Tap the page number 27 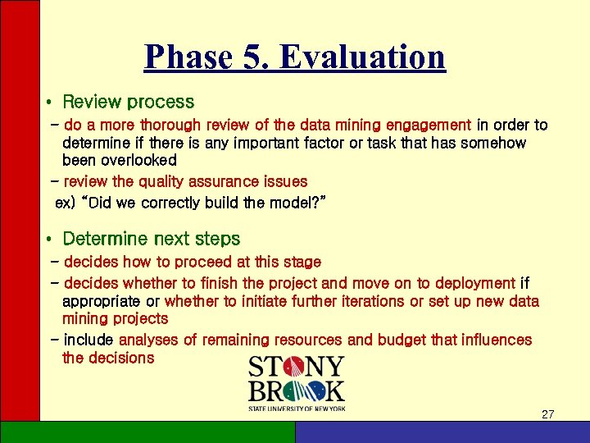pyautogui.click(x=547, y=414)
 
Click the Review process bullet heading pyautogui.click(x=128, y=103)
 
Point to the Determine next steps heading pyautogui.click(x=151, y=240)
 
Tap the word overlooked pyautogui.click(x=120, y=161)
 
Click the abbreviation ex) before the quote pyautogui.click(x=65, y=202)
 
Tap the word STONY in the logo pyautogui.click(x=296, y=366)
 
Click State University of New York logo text pyautogui.click(x=296, y=408)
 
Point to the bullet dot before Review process pyautogui.click(x=50, y=103)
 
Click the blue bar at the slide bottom pyautogui.click(x=442, y=432)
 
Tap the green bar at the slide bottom pyautogui.click(x=147, y=432)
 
